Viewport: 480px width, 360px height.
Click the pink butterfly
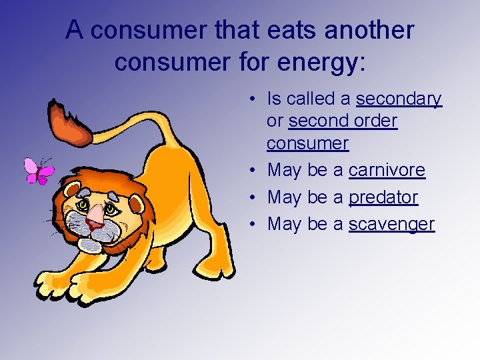pyautogui.click(x=37, y=171)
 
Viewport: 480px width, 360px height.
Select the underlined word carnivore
pyautogui.click(x=387, y=171)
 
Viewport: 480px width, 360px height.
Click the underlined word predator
pyautogui.click(x=383, y=198)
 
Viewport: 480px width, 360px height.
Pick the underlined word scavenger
pyautogui.click(x=391, y=225)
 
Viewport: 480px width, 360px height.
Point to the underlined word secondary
pyautogui.click(x=399, y=99)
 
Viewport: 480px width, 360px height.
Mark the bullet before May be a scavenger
pyautogui.click(x=255, y=225)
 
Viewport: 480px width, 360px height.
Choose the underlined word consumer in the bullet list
pyautogui.click(x=307, y=144)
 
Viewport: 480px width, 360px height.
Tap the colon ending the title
pyautogui.click(x=362, y=63)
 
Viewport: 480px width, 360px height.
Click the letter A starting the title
pyautogui.click(x=75, y=30)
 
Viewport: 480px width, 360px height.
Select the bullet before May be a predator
pyautogui.click(x=255, y=198)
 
